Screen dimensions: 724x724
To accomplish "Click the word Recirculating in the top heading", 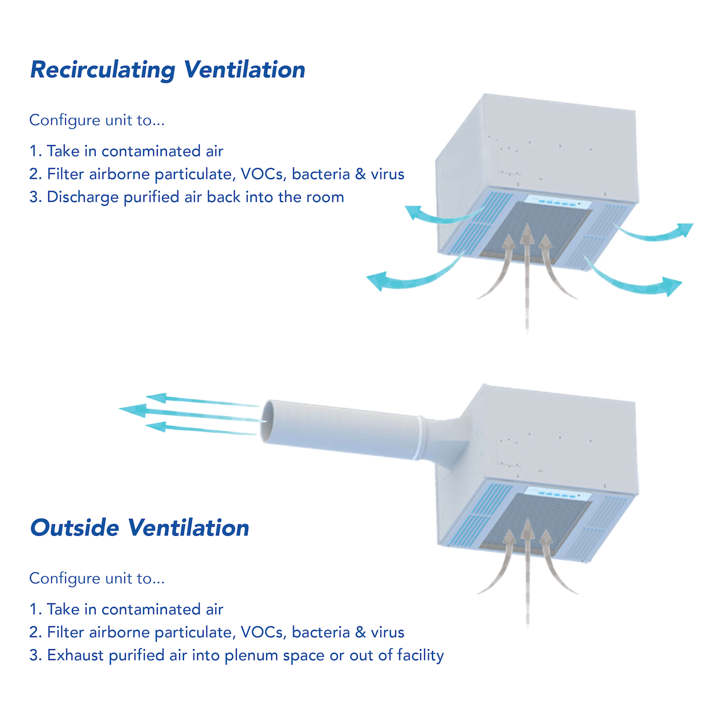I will tap(103, 69).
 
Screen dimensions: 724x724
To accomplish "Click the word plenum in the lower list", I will tap(247, 656).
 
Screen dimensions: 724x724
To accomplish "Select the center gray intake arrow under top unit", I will tap(527, 265).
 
